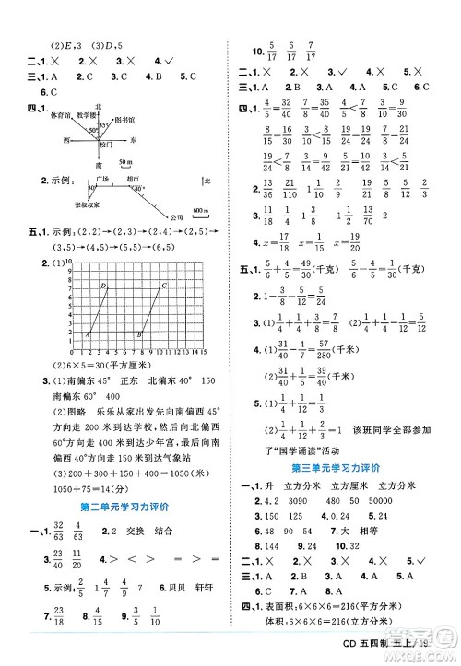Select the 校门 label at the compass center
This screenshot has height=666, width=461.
pos(103,145)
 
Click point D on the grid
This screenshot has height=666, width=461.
pos(103,286)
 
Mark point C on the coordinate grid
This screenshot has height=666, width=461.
pos(165,286)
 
